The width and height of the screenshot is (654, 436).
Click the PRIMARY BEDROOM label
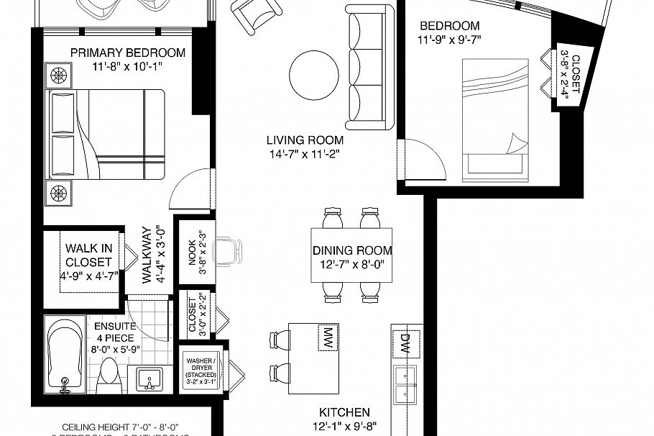[x=128, y=53]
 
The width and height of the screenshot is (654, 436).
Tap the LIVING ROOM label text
[x=305, y=140]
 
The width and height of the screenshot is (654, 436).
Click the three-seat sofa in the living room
[x=369, y=68]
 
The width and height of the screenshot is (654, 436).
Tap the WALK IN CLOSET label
[x=88, y=255]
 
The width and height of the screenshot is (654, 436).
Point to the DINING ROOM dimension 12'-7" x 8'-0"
[x=352, y=264]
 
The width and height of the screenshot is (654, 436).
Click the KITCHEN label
[x=345, y=412]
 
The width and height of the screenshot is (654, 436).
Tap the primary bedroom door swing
[x=188, y=189]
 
